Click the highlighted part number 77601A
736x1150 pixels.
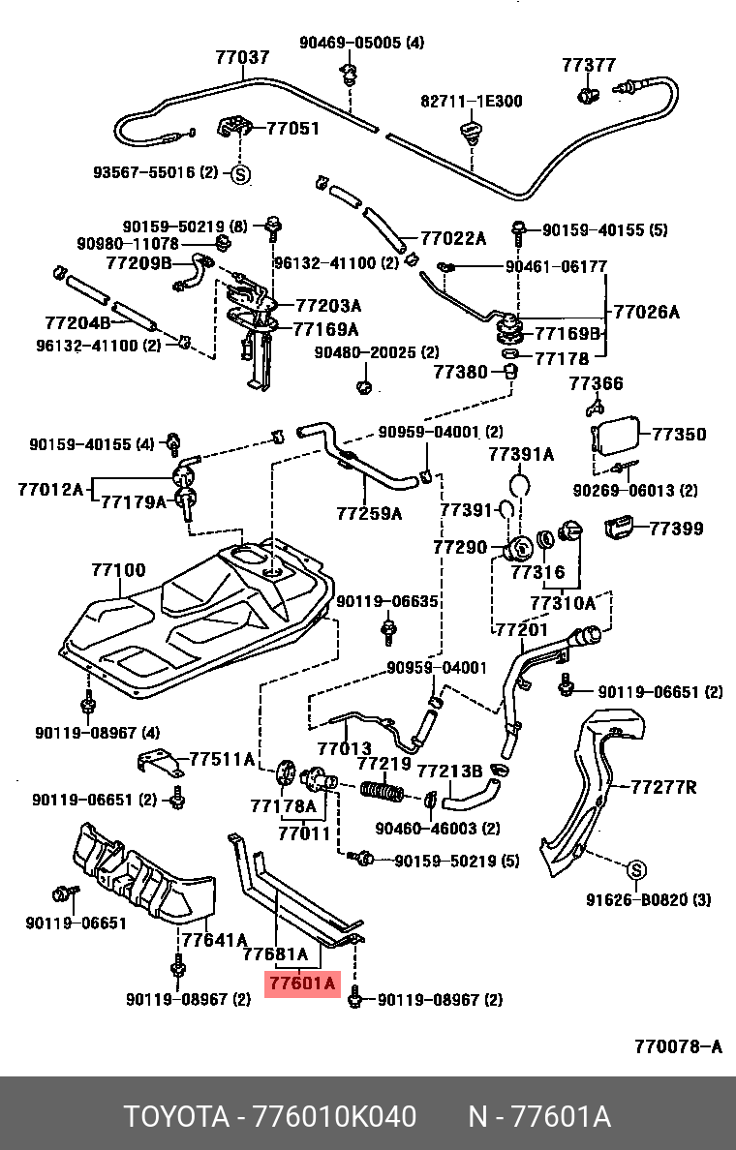[301, 984]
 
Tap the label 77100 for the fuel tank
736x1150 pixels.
[118, 571]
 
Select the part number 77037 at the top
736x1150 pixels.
[242, 58]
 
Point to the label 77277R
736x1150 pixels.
[663, 787]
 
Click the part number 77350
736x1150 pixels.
[679, 435]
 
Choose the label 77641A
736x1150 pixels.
[215, 939]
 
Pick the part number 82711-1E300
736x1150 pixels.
[471, 101]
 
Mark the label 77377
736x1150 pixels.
[589, 65]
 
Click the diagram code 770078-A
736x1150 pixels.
[678, 1046]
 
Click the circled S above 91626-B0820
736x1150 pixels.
[636, 867]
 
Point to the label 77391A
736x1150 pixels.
[521, 454]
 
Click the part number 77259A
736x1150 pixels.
[369, 513]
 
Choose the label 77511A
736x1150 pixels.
[221, 759]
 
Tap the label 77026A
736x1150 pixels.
[647, 313]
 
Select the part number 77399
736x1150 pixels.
[676, 529]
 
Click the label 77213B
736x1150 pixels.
[449, 771]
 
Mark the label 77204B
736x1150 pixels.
[77, 322]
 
